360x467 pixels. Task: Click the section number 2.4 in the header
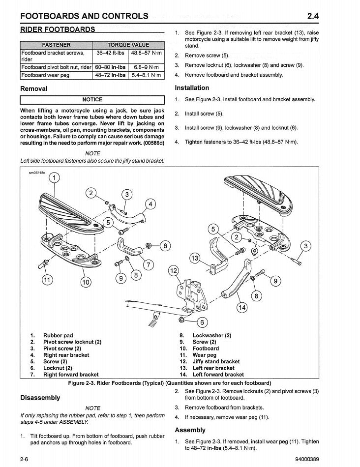(313, 16)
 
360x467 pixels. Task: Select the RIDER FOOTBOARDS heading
(58, 29)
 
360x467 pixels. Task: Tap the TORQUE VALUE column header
(128, 45)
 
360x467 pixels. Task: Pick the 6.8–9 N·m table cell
(146, 67)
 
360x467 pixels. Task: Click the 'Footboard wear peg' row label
(45, 75)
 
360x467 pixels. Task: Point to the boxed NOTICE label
(92, 100)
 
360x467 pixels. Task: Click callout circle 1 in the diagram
(54, 177)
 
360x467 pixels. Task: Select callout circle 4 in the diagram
(150, 204)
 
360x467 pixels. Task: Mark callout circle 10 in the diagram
(86, 282)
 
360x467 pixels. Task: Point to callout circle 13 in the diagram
(195, 259)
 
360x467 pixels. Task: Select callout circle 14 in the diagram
(242, 308)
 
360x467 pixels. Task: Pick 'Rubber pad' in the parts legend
(58, 336)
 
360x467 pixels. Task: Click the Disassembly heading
(40, 398)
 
